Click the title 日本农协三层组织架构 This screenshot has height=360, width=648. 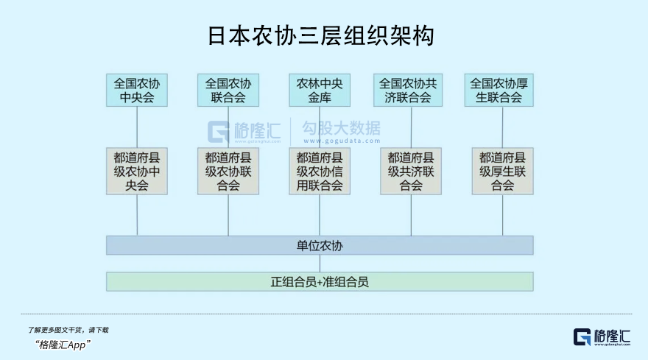click(x=321, y=35)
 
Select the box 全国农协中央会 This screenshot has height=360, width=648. click(x=137, y=90)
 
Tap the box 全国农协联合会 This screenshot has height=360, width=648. click(x=228, y=90)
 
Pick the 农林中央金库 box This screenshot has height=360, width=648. click(x=320, y=90)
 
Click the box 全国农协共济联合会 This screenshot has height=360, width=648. click(x=408, y=90)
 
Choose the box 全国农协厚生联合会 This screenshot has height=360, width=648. click(x=499, y=90)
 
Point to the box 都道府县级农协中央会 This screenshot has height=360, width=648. click(x=137, y=171)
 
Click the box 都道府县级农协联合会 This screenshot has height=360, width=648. click(x=228, y=171)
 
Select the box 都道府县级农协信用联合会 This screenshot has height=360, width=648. click(x=320, y=171)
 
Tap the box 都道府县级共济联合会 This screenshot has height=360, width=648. click(x=411, y=171)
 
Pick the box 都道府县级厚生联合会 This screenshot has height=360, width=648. click(x=502, y=171)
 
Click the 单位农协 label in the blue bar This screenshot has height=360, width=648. click(x=320, y=246)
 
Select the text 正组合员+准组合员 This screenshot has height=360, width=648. click(x=320, y=282)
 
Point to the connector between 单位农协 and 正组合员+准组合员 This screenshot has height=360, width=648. click(x=320, y=264)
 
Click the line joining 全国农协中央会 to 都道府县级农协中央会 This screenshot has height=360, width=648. click(x=137, y=127)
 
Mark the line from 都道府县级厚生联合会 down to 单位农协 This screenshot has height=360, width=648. click(x=502, y=216)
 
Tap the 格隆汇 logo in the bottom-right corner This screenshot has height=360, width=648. click(x=602, y=337)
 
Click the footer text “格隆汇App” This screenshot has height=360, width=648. click(x=63, y=345)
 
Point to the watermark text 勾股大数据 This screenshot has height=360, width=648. click(x=342, y=128)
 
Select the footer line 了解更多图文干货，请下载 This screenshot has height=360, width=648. click(x=68, y=330)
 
